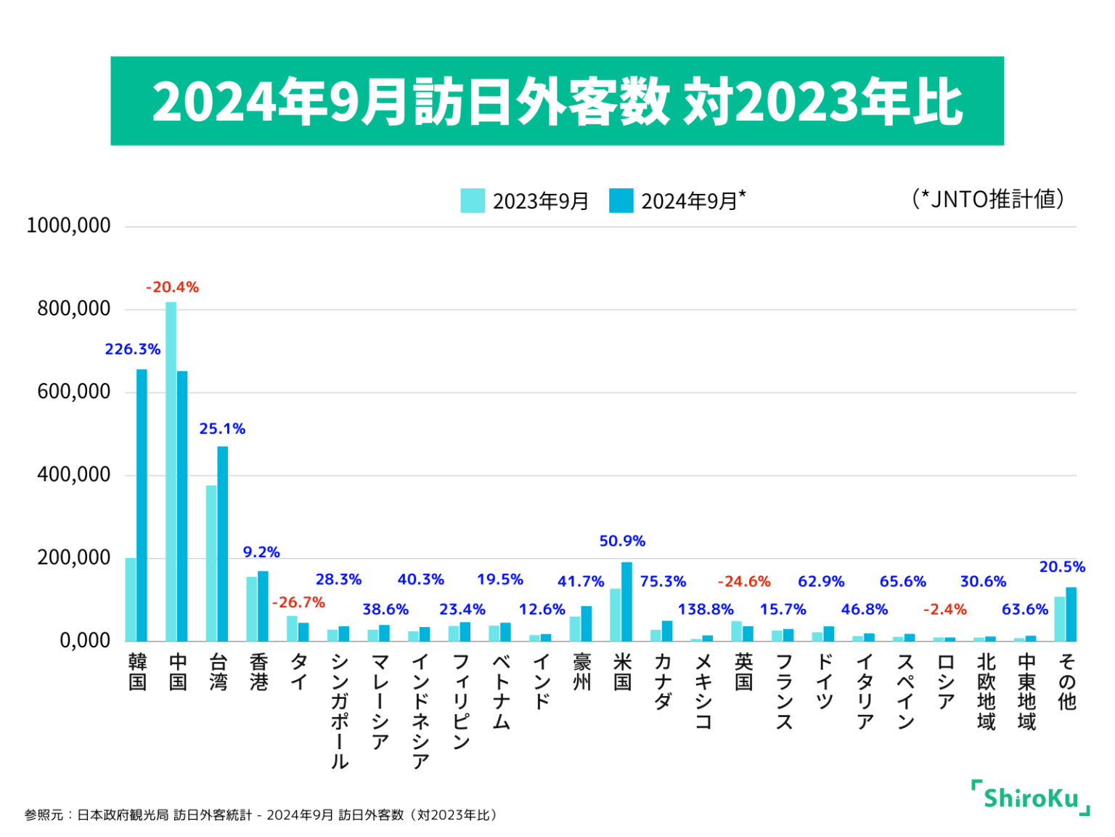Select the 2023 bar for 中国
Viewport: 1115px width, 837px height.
click(x=171, y=472)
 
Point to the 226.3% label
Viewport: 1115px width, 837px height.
click(x=133, y=349)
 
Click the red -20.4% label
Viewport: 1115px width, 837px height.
click(x=172, y=288)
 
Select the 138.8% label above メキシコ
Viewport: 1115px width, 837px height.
click(x=706, y=610)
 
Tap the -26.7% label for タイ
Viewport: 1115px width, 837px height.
click(x=298, y=603)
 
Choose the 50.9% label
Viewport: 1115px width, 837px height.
click(x=622, y=541)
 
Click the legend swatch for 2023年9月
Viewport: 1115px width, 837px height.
click(x=473, y=201)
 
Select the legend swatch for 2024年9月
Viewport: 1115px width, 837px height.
click(x=621, y=201)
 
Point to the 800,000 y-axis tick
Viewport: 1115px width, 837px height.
click(x=74, y=309)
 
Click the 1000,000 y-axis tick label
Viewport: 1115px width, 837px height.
click(x=68, y=226)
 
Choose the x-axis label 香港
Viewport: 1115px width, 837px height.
click(x=258, y=672)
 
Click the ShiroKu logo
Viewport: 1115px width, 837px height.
click(x=1030, y=798)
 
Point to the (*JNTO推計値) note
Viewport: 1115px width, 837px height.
click(x=988, y=199)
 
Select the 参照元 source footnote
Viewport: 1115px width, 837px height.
click(x=261, y=815)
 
